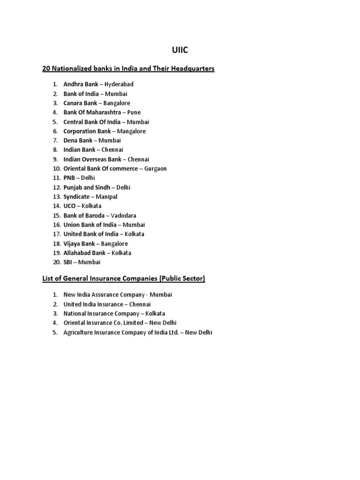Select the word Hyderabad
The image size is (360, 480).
pyautogui.click(x=119, y=84)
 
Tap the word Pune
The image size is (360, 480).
pyautogui.click(x=134, y=112)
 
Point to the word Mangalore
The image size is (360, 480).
pyautogui.click(x=131, y=131)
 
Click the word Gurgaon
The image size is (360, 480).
pyautogui.click(x=156, y=169)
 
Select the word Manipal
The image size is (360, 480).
pyautogui.click(x=106, y=197)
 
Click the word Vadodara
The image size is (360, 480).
pyautogui.click(x=123, y=216)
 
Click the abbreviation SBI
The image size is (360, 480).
pyautogui.click(x=68, y=262)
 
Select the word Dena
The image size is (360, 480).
pyautogui.click(x=71, y=141)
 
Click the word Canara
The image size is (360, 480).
pyautogui.click(x=73, y=103)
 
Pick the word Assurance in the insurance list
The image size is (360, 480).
pyautogui.click(x=109, y=295)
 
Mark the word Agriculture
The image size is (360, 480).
pyautogui.click(x=78, y=332)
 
